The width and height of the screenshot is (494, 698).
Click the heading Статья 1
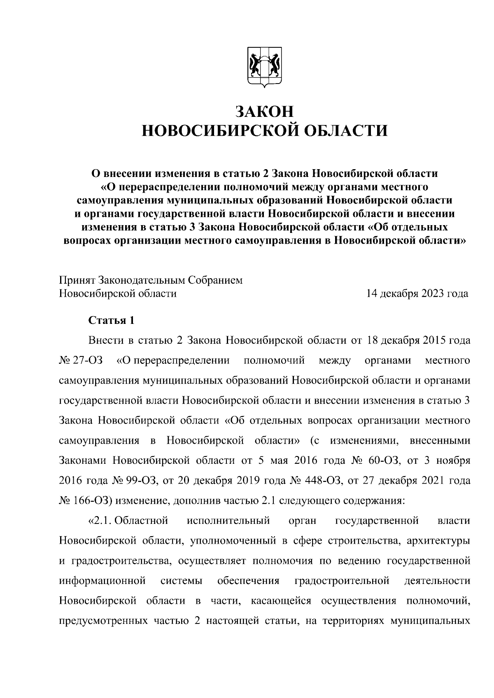click(x=111, y=321)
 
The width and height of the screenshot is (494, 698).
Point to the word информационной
click(x=103, y=581)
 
